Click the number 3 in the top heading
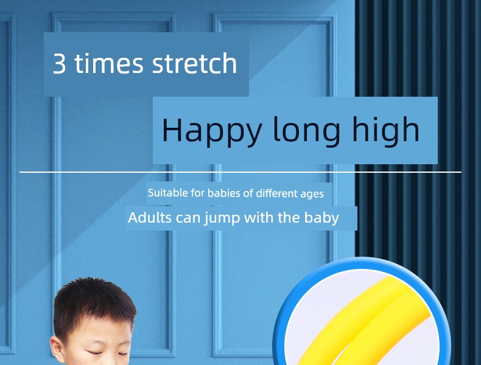pos(60,63)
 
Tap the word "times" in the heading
pos(109,63)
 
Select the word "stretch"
pos(194,63)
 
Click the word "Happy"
pos(212,131)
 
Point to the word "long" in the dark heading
pos(306,131)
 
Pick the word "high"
pos(385,130)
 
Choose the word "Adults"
pos(150,218)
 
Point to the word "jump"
pos(222,218)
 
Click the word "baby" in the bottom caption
pos(321,218)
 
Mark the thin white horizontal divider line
pos(240,172)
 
